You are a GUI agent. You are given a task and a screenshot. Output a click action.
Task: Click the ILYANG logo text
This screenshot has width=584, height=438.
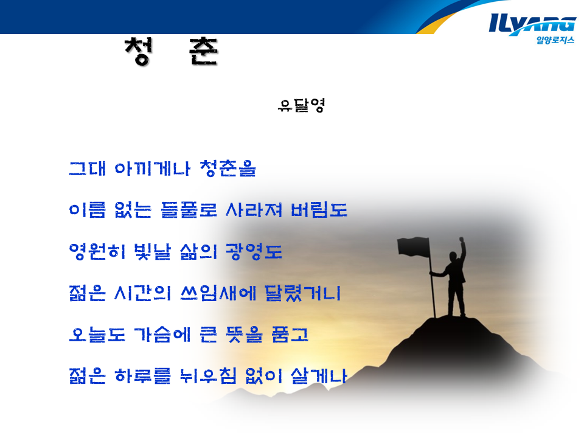click(533, 24)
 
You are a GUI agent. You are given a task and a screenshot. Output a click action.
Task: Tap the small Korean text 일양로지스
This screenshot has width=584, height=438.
click(555, 40)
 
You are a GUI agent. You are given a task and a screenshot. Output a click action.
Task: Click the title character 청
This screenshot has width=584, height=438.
click(139, 51)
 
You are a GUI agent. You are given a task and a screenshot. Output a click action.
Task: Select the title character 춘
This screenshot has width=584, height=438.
click(203, 51)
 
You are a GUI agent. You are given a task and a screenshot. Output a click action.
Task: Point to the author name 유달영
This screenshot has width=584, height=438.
click(301, 105)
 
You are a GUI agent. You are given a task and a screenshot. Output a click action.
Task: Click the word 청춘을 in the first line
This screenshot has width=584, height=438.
click(228, 169)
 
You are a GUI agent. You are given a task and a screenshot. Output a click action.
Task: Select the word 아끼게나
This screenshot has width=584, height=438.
click(152, 169)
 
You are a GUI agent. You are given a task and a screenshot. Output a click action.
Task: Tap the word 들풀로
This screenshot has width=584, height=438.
click(189, 210)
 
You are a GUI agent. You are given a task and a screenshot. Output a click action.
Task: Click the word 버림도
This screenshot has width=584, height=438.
click(319, 210)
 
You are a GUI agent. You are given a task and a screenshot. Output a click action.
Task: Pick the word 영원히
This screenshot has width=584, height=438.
click(97, 251)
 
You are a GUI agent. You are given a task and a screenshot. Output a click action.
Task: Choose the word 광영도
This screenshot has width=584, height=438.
click(254, 251)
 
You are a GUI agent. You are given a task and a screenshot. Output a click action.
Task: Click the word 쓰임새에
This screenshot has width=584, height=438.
click(218, 293)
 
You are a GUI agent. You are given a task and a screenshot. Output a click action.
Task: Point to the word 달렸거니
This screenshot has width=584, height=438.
click(303, 293)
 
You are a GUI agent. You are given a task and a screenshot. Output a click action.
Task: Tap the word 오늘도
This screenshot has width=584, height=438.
click(97, 335)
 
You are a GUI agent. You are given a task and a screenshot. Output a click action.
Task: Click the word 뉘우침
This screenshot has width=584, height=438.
click(208, 376)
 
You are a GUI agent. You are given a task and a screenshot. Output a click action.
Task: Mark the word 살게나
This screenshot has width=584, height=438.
click(319, 376)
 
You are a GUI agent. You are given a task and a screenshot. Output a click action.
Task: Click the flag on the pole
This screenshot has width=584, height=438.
click(414, 248)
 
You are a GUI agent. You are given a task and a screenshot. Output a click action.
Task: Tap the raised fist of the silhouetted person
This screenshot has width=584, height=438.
click(462, 239)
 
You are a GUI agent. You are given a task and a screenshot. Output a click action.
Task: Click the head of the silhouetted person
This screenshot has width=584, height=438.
click(453, 257)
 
